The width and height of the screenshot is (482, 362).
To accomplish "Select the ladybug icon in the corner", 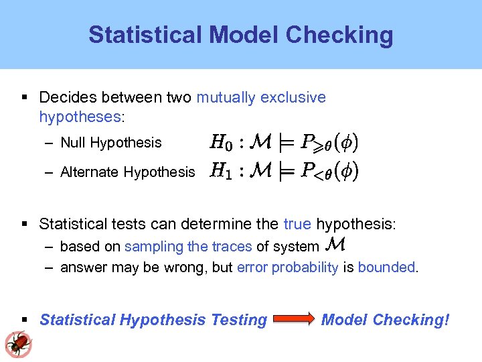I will [18, 344].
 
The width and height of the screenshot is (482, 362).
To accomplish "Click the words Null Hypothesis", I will [110, 142].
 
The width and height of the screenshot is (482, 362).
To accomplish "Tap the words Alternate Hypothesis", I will [127, 172].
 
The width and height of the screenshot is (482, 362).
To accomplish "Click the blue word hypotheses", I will [80, 117].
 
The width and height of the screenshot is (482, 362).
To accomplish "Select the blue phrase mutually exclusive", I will [261, 97].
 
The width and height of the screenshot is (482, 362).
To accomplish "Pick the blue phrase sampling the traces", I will [188, 246].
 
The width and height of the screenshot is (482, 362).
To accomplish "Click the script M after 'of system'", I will [337, 245].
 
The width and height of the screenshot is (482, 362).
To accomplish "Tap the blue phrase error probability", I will [288, 267].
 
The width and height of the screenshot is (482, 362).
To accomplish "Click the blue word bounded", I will [387, 267].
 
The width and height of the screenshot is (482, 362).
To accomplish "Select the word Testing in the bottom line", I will [239, 320].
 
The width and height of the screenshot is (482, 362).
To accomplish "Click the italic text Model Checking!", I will [385, 320].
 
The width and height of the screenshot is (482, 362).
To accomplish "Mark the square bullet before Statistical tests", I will [24, 223].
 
